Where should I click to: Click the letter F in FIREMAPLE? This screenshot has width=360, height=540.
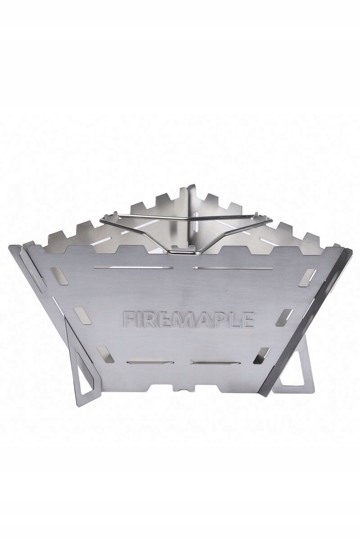pyautogui.click(x=128, y=318)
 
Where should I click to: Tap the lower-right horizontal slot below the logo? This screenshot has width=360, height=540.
pyautogui.click(x=211, y=362)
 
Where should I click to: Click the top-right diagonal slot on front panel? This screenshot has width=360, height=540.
pyautogui.click(x=310, y=275)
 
